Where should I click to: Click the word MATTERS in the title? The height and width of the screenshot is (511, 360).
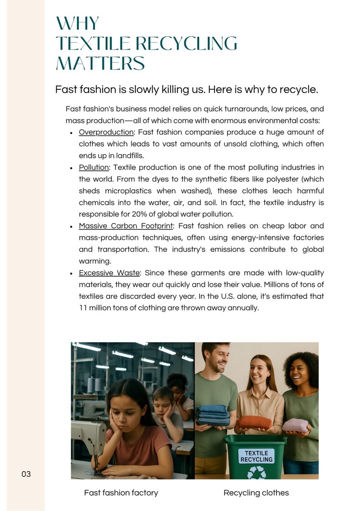[x=100, y=63]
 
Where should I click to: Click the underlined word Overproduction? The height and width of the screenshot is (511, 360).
[x=106, y=132]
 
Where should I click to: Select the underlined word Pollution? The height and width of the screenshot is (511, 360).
[x=94, y=167]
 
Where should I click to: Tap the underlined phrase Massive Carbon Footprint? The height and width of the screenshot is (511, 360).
[x=125, y=226]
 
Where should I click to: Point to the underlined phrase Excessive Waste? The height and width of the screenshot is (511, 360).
[x=109, y=273]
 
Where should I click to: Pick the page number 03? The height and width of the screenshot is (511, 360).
[x=26, y=474]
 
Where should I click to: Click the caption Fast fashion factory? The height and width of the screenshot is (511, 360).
[x=121, y=493]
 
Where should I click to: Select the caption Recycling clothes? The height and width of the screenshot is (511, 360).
[x=256, y=493]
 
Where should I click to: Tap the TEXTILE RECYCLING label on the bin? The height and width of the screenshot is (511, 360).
[x=256, y=456]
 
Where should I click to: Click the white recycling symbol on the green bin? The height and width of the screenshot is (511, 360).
[x=256, y=472]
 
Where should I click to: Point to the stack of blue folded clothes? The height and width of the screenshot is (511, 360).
[x=213, y=415]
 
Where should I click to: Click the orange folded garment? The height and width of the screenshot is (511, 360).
[x=254, y=422]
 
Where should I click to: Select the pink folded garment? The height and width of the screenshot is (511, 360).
[x=295, y=425]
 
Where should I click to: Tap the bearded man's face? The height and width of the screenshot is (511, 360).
[x=216, y=359]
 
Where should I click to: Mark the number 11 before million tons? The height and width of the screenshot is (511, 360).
[x=83, y=308]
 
